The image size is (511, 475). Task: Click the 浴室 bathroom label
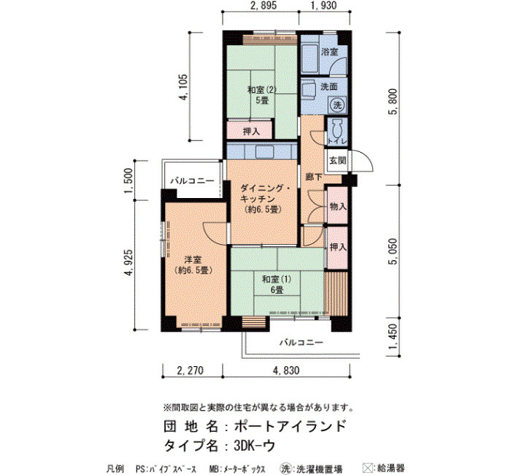pyautogui.click(x=329, y=52)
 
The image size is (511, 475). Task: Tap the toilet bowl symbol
pyautogui.click(x=337, y=129)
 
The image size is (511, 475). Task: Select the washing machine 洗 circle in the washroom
pyautogui.click(x=337, y=105)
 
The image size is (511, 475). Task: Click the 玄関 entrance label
pyautogui.click(x=337, y=161)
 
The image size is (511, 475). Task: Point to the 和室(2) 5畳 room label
pyautogui.click(x=262, y=94)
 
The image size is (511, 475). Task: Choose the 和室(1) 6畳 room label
pyautogui.click(x=277, y=284)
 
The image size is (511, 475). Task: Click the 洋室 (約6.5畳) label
pyautogui.click(x=193, y=265)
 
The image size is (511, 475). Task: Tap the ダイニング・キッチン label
pyautogui.click(x=264, y=194)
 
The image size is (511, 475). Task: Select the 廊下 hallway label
pyautogui.click(x=314, y=177)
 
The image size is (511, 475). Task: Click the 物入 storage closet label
pyautogui.click(x=337, y=207)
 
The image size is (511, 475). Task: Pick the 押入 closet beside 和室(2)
pyautogui.click(x=251, y=132)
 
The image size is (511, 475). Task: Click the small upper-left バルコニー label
pyautogui.click(x=192, y=180)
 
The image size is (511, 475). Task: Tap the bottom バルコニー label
pyautogui.click(x=301, y=342)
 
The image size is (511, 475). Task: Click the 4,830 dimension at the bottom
pyautogui.click(x=286, y=370)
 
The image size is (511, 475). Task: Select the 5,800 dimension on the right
pyautogui.click(x=393, y=102)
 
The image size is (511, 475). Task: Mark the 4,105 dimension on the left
pyautogui.click(x=183, y=88)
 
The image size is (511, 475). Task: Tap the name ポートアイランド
pyautogui.click(x=290, y=426)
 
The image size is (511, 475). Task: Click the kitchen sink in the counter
pyautogui.click(x=264, y=152)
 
